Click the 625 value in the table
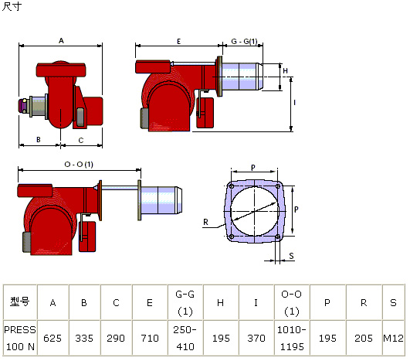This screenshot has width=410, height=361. pos(53,339)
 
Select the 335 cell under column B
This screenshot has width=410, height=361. pos(84,339)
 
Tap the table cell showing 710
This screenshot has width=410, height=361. pos(150,339)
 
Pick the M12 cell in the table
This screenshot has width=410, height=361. pos(393,339)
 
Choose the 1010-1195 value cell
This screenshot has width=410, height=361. pos(292,339)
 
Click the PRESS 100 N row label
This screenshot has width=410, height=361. pos(20,339)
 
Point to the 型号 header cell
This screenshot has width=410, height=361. pos(20,301)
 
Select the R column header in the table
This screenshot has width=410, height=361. pos(364,302)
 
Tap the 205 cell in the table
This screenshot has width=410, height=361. pos(364,339)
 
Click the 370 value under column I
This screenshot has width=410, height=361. pos(256,339)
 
